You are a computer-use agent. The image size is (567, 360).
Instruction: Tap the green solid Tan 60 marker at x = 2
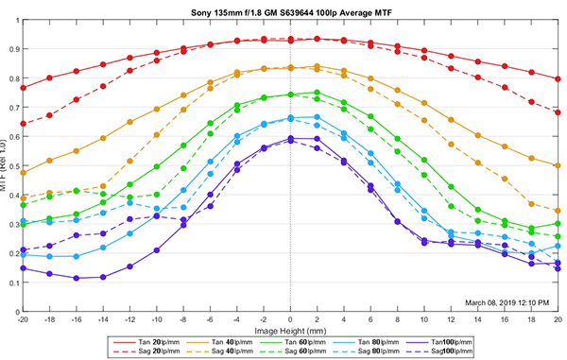coord(317,93)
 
